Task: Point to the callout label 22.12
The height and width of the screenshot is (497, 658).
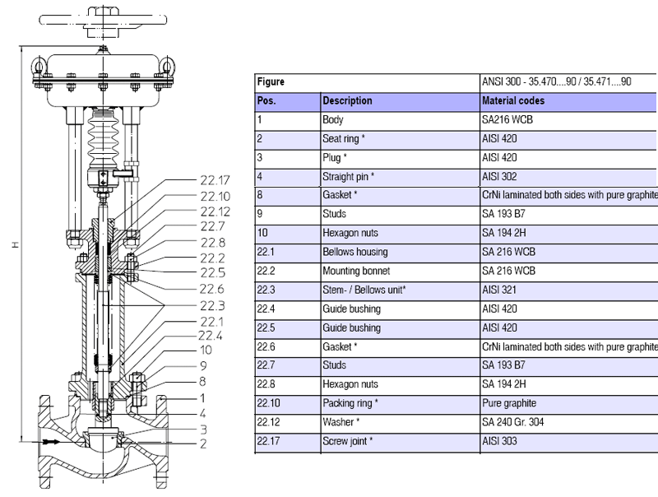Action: pos(215,211)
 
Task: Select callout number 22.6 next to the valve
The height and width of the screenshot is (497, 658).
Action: pos(212,288)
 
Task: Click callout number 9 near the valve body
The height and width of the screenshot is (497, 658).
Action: pos(202,365)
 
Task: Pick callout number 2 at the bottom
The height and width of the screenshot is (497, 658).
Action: pos(202,444)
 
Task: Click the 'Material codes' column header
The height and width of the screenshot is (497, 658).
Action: pos(512,101)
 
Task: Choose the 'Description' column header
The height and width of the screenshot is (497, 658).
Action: pos(347,101)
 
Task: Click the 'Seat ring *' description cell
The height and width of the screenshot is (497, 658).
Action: pos(344,139)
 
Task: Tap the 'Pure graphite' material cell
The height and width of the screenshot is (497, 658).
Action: pos(509,403)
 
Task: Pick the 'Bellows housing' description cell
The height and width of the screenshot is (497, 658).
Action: pos(354,252)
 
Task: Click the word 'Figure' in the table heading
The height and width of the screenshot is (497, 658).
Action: pos(271,82)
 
